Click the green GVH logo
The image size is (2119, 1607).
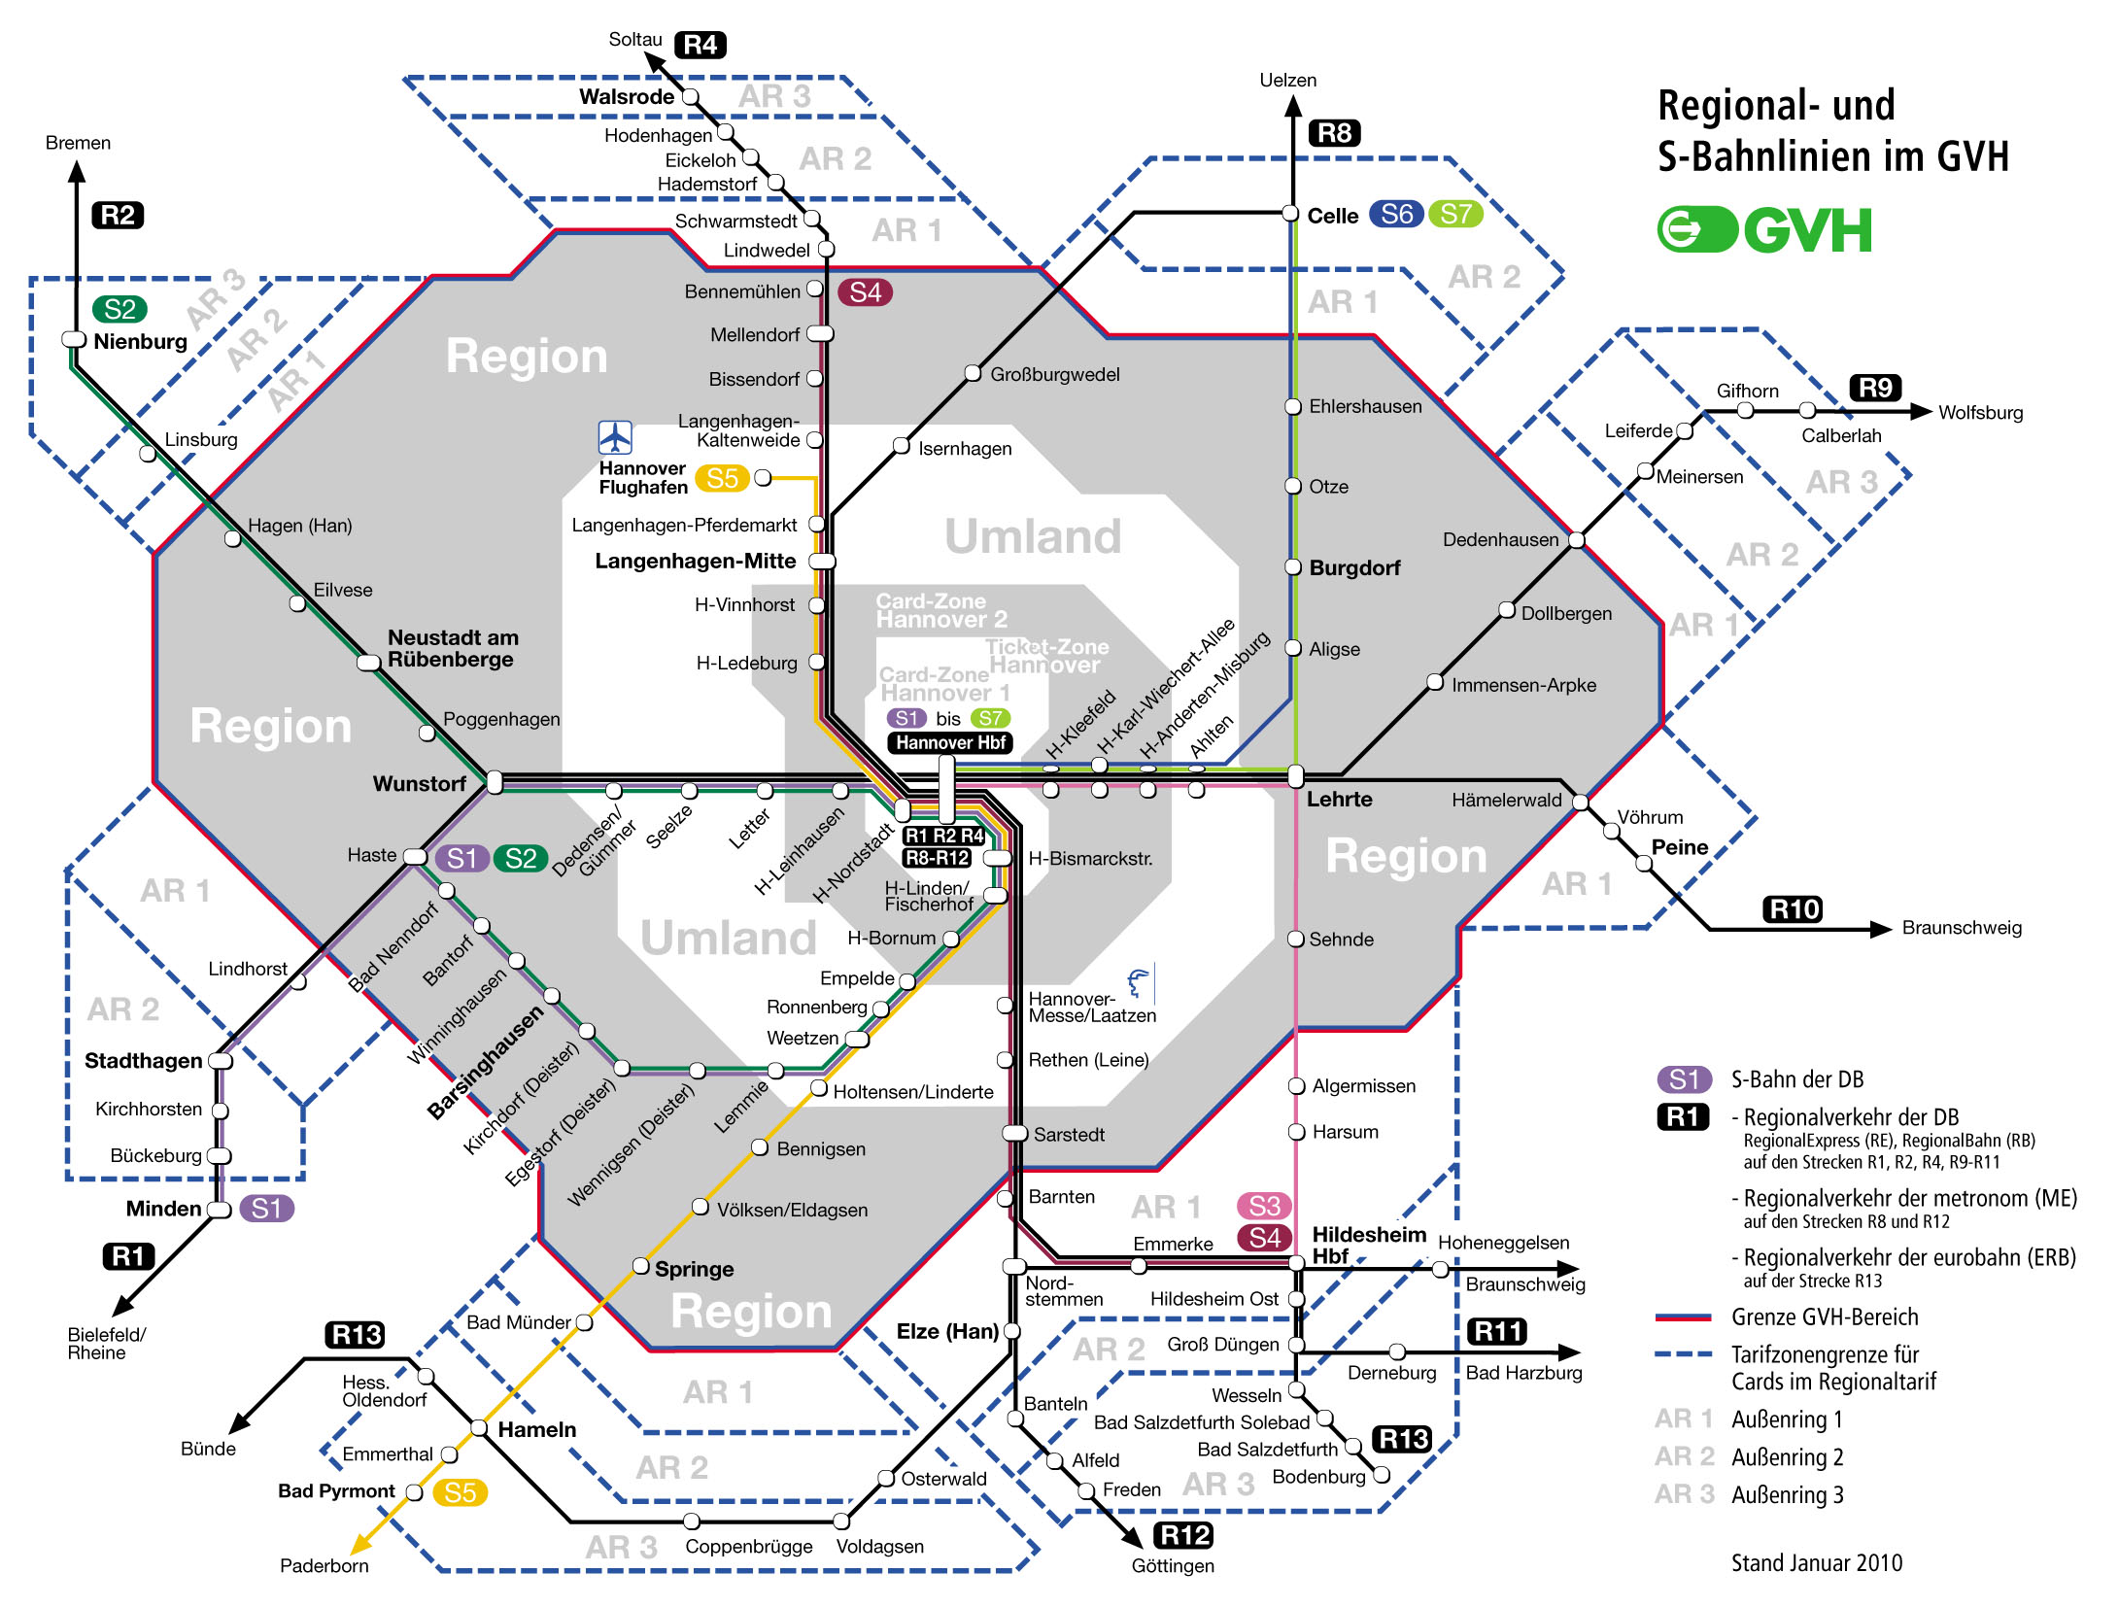click(1763, 230)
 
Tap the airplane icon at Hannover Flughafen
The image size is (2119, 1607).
click(615, 437)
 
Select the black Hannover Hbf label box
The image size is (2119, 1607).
click(949, 743)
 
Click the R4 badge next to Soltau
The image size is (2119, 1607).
click(700, 45)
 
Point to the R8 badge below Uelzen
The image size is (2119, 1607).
click(1334, 133)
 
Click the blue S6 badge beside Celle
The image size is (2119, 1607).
click(1396, 214)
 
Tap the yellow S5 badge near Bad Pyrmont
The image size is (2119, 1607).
click(460, 1492)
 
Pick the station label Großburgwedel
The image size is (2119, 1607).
click(1054, 374)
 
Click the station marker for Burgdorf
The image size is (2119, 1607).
click(1293, 567)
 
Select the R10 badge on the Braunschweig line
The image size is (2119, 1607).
click(1793, 909)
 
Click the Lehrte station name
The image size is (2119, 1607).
click(1339, 799)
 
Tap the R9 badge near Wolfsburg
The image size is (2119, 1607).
click(1875, 388)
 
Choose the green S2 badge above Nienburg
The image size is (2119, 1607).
click(120, 309)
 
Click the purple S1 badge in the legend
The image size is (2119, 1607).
click(1683, 1079)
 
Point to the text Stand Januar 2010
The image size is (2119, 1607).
click(1816, 1562)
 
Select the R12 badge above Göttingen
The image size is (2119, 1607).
click(1183, 1535)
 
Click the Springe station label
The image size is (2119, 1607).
click(694, 1269)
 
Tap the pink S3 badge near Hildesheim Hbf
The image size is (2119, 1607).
click(1264, 1206)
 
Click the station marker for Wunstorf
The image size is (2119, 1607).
click(495, 782)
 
